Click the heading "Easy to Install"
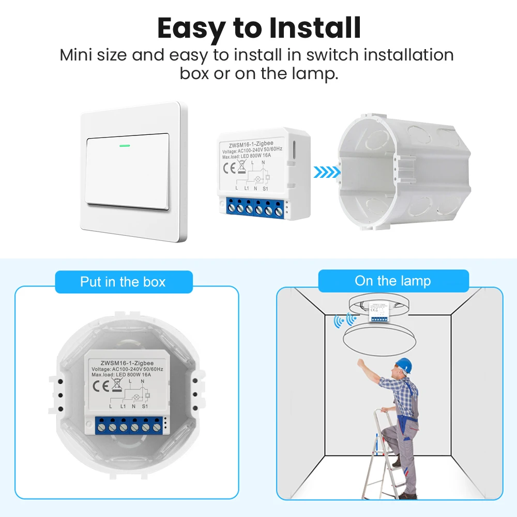(258, 28)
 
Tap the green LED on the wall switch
(125, 145)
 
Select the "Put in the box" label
(123, 282)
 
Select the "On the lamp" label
(393, 281)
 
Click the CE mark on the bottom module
(99, 386)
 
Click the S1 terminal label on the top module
(265, 189)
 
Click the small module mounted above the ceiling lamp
(379, 313)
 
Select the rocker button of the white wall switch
(128, 170)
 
